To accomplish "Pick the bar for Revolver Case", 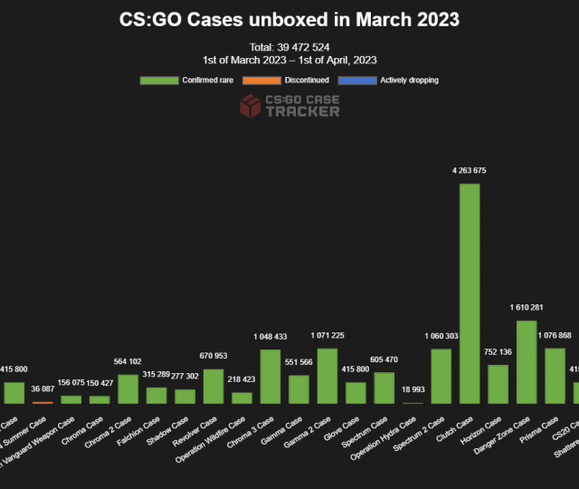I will point(214,386).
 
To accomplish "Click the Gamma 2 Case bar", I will point(327,375).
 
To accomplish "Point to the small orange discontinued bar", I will point(43,402).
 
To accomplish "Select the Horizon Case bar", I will point(498,384).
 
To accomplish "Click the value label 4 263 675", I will point(470,170).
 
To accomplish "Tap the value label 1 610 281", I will point(527,307).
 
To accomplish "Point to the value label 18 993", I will point(413,389).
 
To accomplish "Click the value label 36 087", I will point(43,389).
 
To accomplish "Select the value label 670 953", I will point(214,356).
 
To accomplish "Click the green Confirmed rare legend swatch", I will point(159,80).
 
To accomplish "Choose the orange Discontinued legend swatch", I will point(260,80).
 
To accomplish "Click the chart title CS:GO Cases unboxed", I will point(289,19).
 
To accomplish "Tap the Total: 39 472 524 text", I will point(289,46).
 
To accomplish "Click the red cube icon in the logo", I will point(250,107).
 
